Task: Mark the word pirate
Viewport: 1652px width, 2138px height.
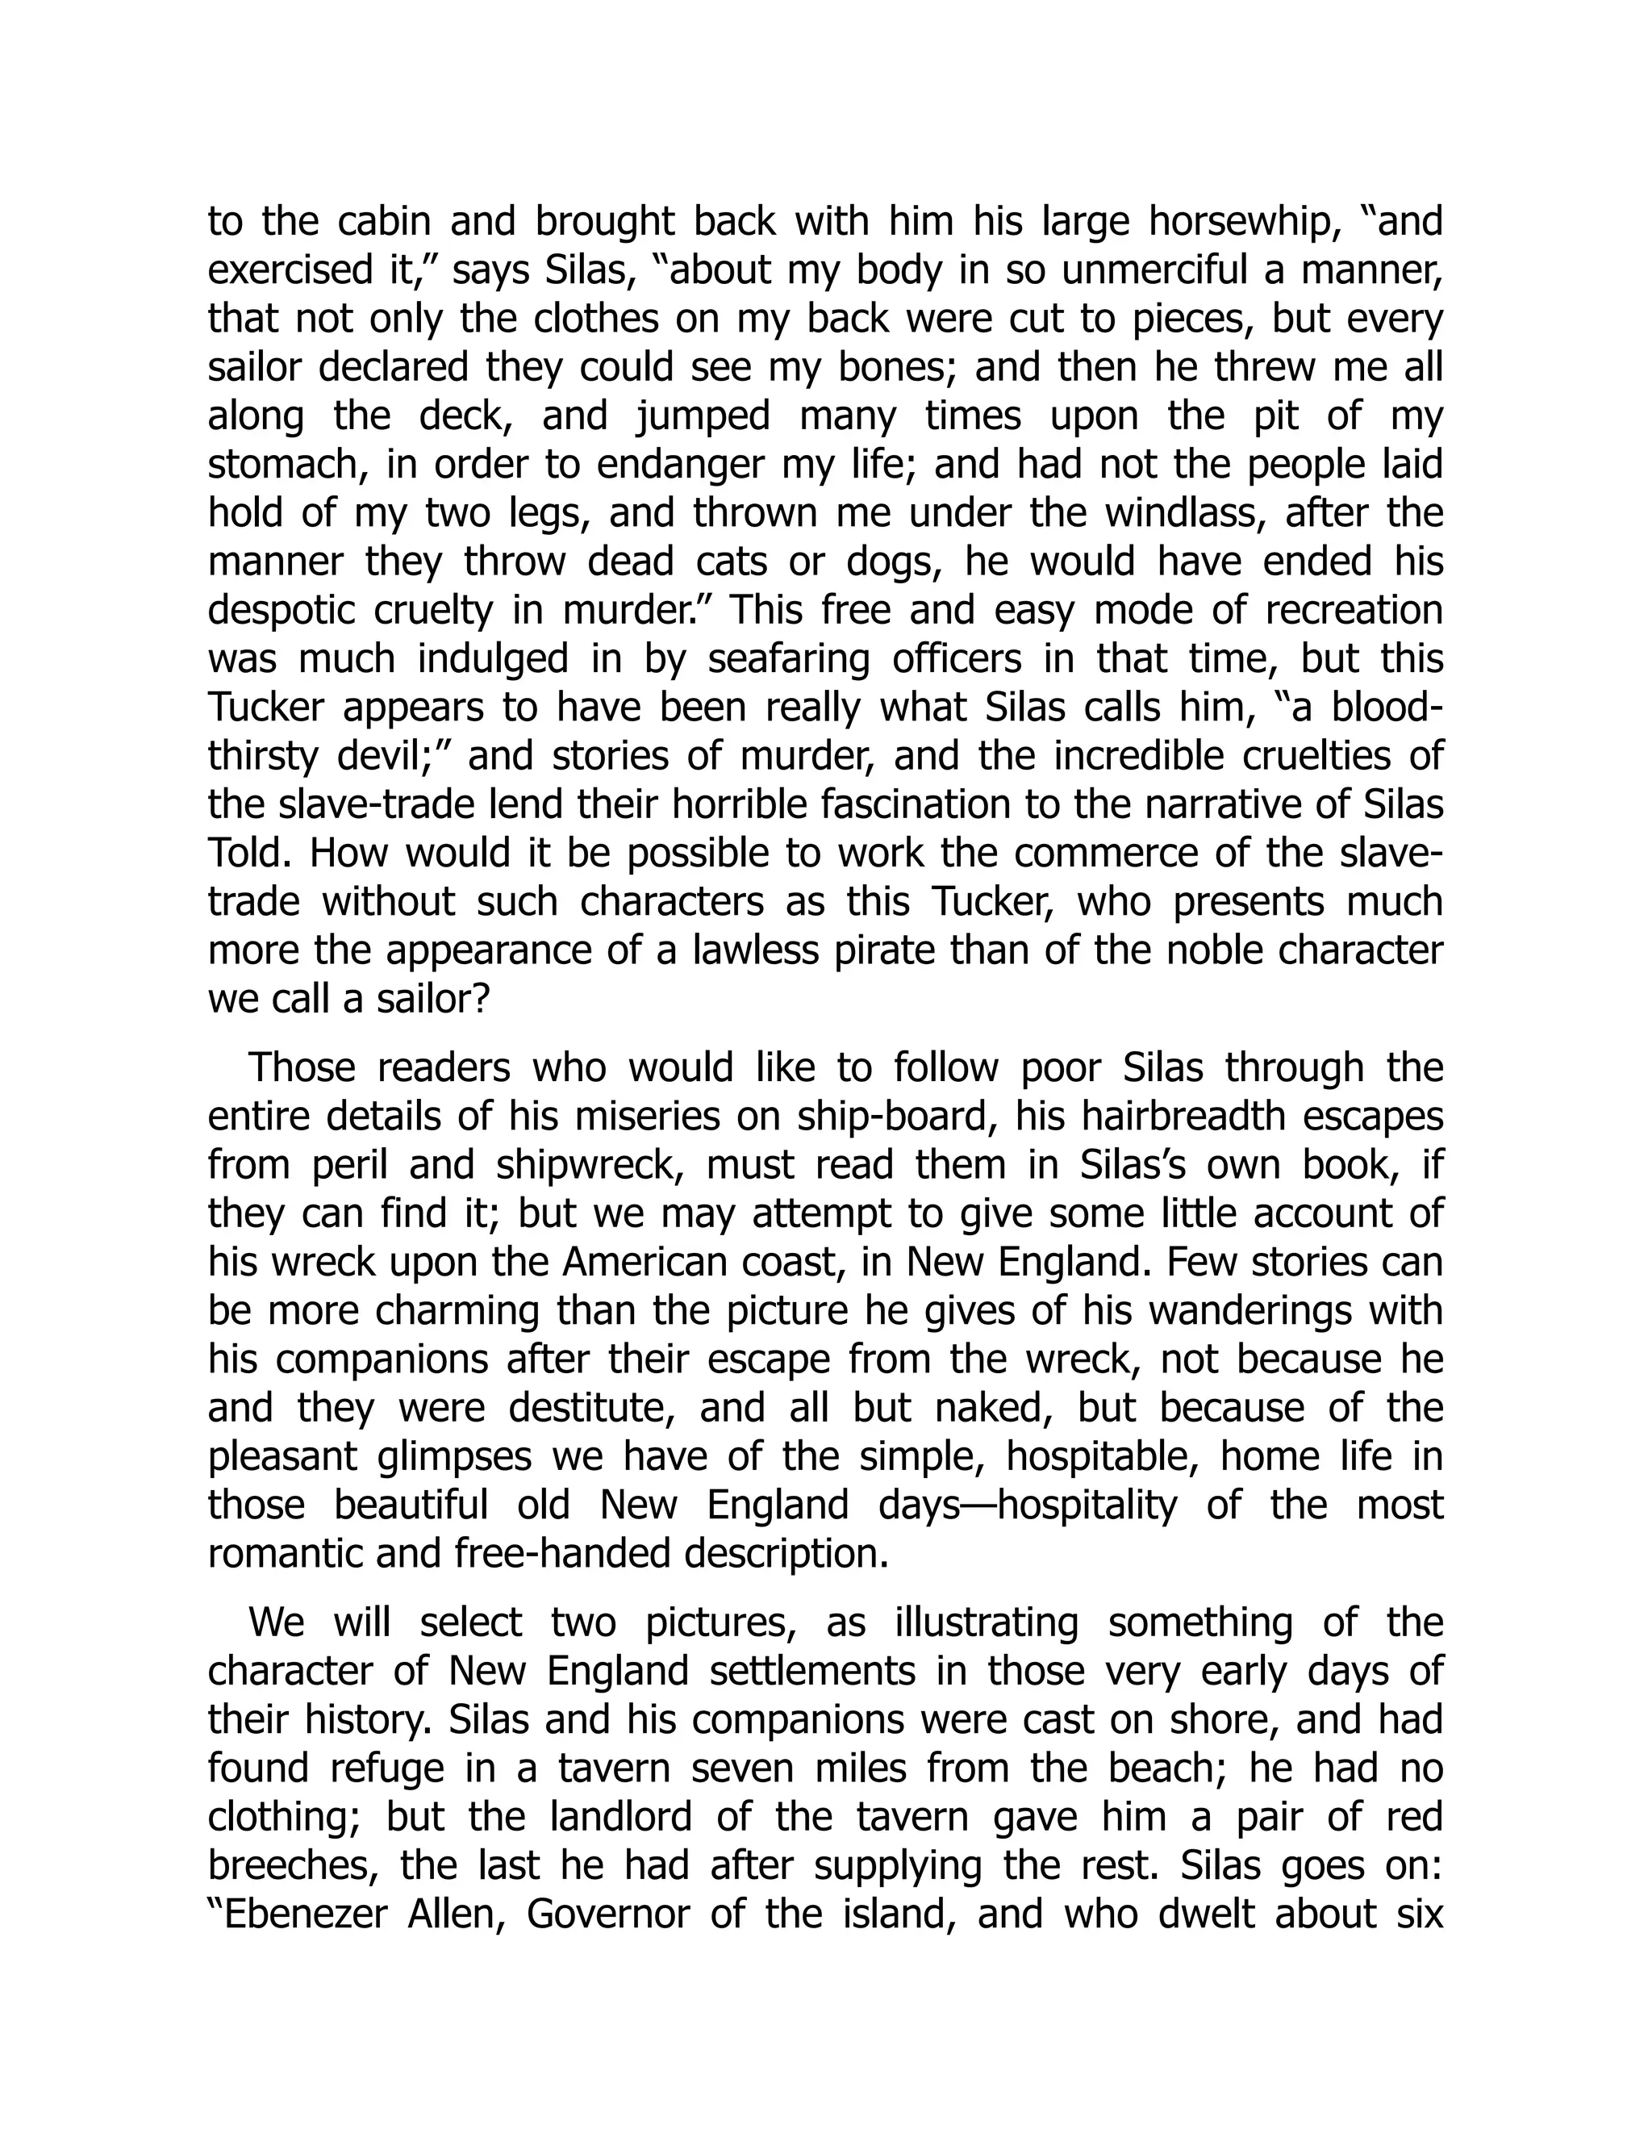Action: (x=886, y=950)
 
